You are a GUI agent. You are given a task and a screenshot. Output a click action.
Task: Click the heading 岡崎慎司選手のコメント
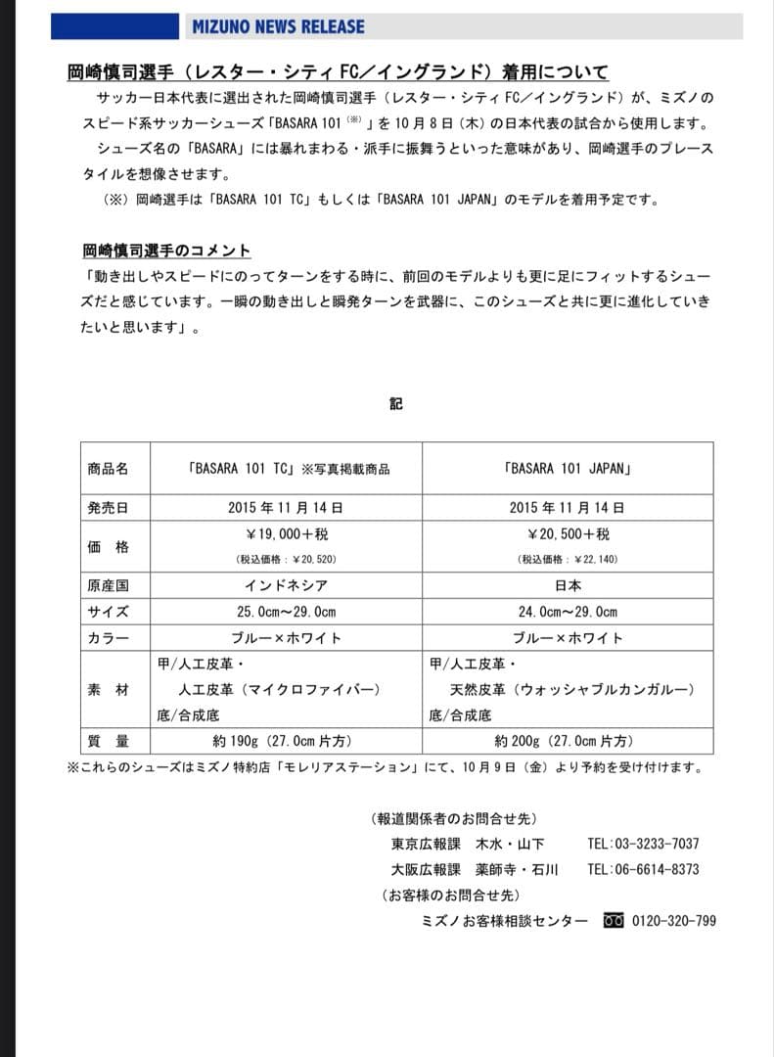coord(166,251)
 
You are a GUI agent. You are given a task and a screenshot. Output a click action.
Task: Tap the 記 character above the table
coord(396,403)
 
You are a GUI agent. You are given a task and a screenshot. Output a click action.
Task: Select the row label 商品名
coord(108,469)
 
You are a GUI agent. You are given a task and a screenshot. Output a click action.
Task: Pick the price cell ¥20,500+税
coord(568,534)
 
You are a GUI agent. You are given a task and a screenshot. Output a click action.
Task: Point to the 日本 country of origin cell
coord(568,585)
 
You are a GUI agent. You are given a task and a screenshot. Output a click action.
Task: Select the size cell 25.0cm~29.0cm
coord(285,612)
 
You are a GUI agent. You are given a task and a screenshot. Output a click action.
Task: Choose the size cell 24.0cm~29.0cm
coord(568,612)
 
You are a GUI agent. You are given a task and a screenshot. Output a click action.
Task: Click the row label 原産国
coord(108,585)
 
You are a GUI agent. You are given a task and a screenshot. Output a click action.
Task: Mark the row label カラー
coord(108,638)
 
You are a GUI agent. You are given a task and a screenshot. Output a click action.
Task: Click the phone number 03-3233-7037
coord(657,844)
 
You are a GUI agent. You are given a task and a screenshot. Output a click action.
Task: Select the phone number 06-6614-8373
coord(657,869)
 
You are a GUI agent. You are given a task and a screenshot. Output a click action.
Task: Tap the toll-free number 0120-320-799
coord(674,921)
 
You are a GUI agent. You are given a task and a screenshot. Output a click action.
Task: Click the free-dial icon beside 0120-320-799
coord(614,921)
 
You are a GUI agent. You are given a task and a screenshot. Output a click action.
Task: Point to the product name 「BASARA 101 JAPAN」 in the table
coord(568,469)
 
